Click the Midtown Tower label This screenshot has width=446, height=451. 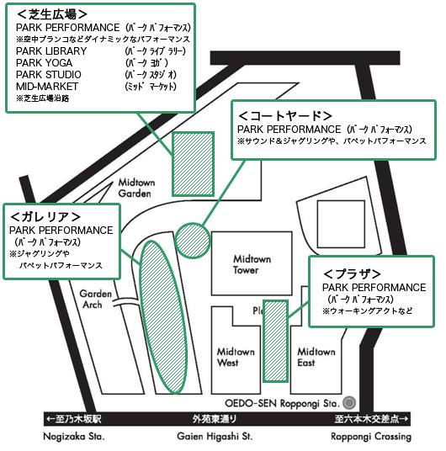(252, 264)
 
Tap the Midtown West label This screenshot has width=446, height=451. (236, 358)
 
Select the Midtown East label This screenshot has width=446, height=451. (316, 358)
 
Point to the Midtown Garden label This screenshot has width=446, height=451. (136, 188)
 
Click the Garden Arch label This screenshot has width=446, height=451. (95, 300)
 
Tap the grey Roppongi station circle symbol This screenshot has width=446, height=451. (349, 402)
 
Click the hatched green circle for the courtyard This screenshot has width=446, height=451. (193, 241)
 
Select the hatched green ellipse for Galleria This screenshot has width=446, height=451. (163, 316)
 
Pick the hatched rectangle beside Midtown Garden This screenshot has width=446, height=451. (193, 164)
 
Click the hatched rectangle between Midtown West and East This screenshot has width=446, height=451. (276, 341)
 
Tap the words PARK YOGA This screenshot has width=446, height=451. (44, 63)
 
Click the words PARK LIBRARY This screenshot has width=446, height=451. (51, 51)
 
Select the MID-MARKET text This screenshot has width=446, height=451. (47, 87)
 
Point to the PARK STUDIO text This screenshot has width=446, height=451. (48, 75)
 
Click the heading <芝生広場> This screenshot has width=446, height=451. (52, 14)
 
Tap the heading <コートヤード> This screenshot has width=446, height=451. (285, 116)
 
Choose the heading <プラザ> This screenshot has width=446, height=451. (352, 273)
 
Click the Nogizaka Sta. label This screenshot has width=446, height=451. (74, 437)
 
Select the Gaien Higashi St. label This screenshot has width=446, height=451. (215, 437)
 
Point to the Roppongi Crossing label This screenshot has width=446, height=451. (371, 437)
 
